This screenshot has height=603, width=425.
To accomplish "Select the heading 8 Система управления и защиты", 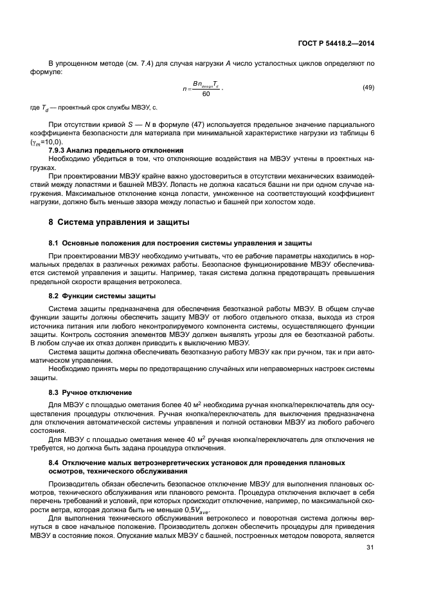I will coord(114,223).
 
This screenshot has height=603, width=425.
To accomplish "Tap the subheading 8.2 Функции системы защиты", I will coord(102,296).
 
